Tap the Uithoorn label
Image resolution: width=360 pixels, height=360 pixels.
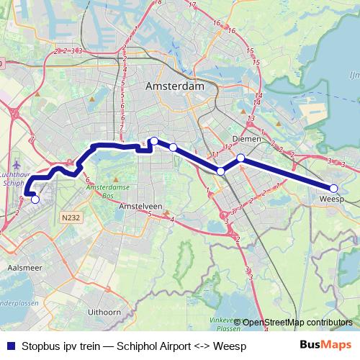[x=103, y=312]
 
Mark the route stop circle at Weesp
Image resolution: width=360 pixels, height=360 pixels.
[x=333, y=189]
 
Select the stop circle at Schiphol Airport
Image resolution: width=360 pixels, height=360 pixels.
[x=35, y=199]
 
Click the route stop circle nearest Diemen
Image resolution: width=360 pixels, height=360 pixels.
[x=241, y=158]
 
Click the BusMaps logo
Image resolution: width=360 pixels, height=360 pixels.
[x=326, y=345]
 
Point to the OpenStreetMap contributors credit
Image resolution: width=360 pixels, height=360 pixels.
[x=297, y=323]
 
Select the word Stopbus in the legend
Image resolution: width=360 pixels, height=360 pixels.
[x=42, y=346]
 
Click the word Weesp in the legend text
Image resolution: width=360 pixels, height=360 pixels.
[x=230, y=346]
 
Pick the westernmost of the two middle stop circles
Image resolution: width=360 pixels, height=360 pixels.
[x=153, y=141]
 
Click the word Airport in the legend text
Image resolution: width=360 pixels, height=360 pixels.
[x=173, y=346]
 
